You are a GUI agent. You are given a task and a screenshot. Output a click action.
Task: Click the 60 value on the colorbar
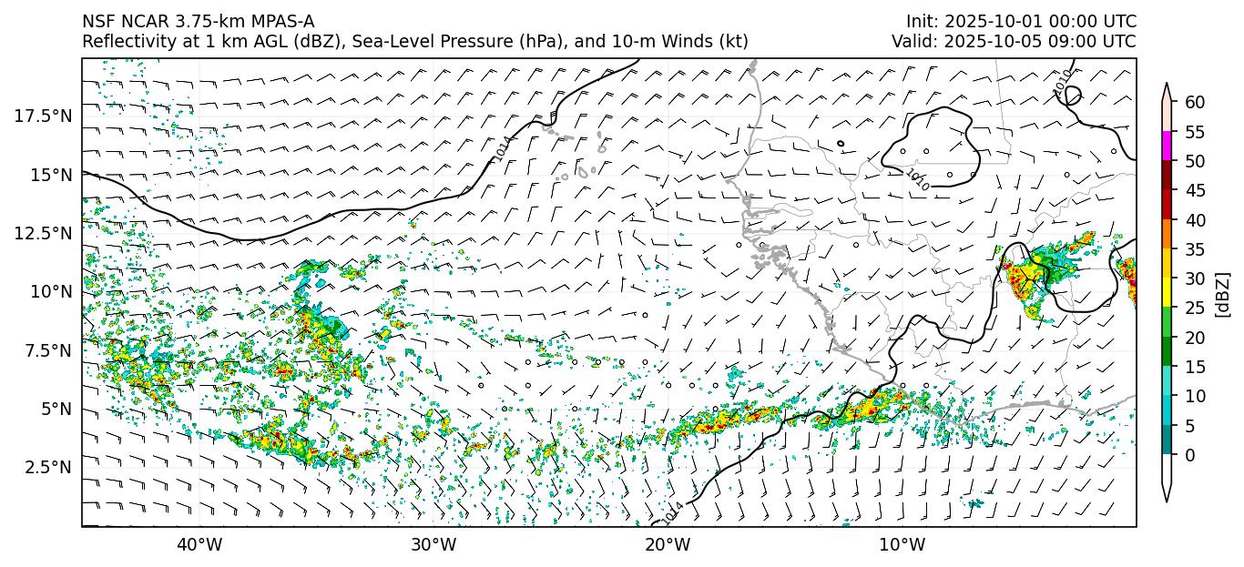(1193, 102)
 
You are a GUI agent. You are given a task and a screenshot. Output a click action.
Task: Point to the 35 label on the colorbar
(1193, 249)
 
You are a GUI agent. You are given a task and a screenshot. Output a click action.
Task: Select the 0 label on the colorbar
(1188, 455)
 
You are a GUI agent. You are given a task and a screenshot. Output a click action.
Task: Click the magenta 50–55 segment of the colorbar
(1166, 147)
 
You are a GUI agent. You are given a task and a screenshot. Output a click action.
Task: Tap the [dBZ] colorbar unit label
(1223, 293)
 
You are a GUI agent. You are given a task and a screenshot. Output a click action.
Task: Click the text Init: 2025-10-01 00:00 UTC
(1021, 22)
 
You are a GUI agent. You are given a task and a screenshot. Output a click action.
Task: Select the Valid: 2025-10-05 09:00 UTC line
(1014, 42)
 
